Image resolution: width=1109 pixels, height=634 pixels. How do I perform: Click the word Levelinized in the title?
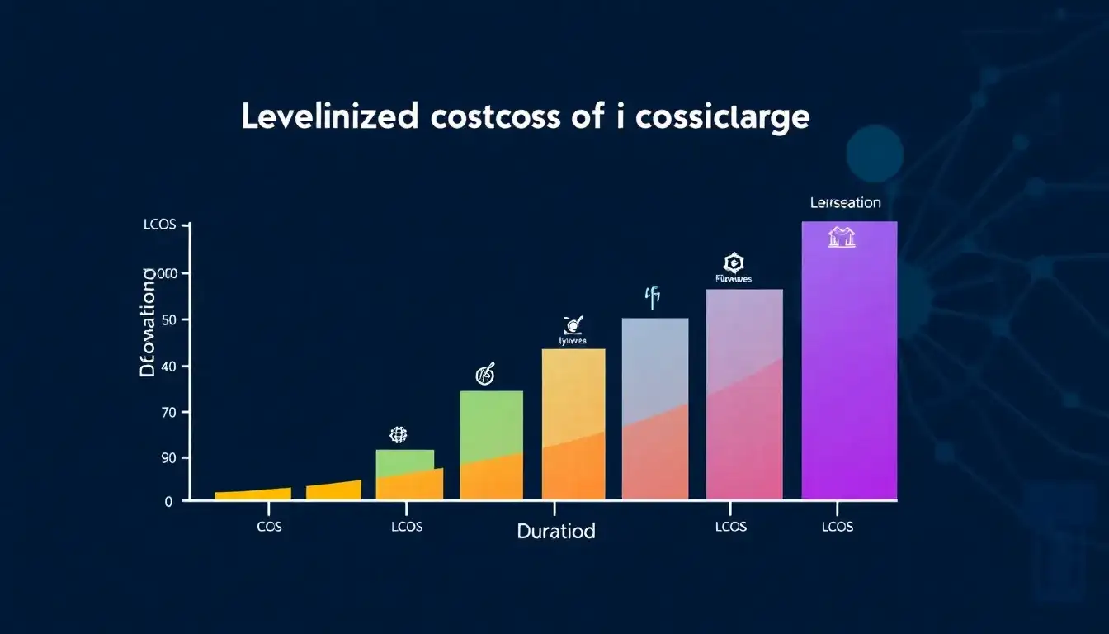[x=329, y=117]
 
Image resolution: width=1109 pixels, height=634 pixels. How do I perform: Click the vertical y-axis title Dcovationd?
[x=149, y=322]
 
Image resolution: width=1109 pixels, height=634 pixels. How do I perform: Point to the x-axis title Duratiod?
[x=555, y=531]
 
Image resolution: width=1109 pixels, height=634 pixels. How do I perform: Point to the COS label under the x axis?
[x=269, y=527]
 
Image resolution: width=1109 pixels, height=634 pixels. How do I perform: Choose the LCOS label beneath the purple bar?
[x=838, y=527]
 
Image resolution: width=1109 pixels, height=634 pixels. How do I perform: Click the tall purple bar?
[x=848, y=363]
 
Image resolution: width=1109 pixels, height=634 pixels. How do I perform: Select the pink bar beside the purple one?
[x=744, y=396]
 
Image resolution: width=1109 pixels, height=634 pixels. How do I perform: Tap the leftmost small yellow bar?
[x=252, y=494]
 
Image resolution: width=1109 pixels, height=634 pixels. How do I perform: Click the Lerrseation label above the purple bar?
[x=845, y=202]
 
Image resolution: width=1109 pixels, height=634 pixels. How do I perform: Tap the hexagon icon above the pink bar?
[x=732, y=263]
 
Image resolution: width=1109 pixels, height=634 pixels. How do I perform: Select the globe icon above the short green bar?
[x=399, y=434]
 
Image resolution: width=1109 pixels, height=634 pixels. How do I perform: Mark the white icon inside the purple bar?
[x=842, y=239]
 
